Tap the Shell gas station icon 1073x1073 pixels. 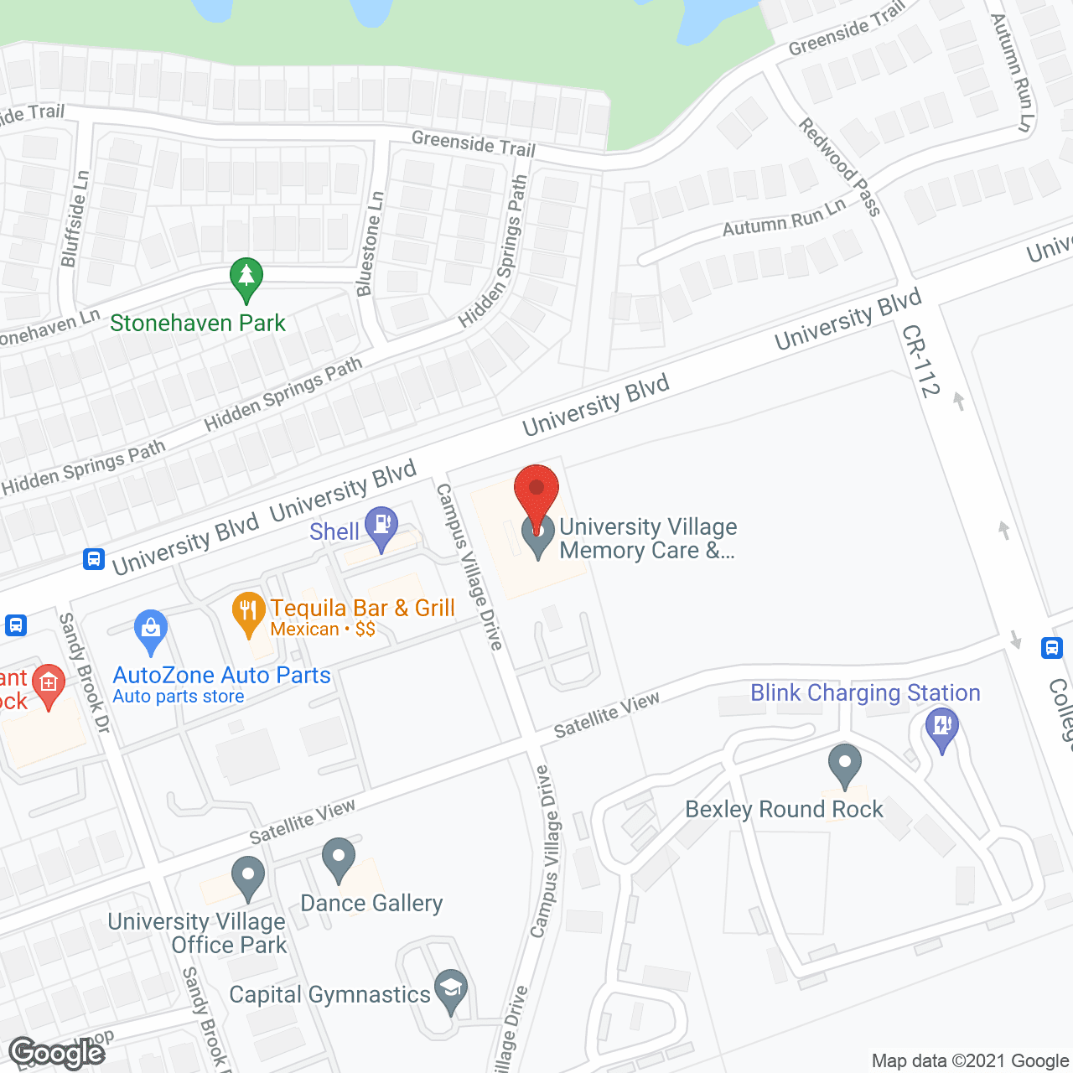[x=382, y=526]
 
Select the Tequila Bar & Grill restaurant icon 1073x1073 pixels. [x=248, y=611]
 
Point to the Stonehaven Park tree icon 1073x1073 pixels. [x=246, y=277]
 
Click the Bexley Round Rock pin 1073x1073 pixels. [x=844, y=764]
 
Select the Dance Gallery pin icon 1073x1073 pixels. [x=339, y=858]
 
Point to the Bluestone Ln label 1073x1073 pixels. [x=370, y=244]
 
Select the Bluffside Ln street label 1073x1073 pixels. [x=75, y=219]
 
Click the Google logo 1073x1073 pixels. [x=57, y=1052]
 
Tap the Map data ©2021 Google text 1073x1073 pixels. [x=970, y=1061]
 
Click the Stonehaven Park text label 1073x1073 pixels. [x=198, y=323]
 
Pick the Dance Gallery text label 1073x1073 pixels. [x=371, y=903]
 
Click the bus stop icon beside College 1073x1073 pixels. [x=1052, y=647]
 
